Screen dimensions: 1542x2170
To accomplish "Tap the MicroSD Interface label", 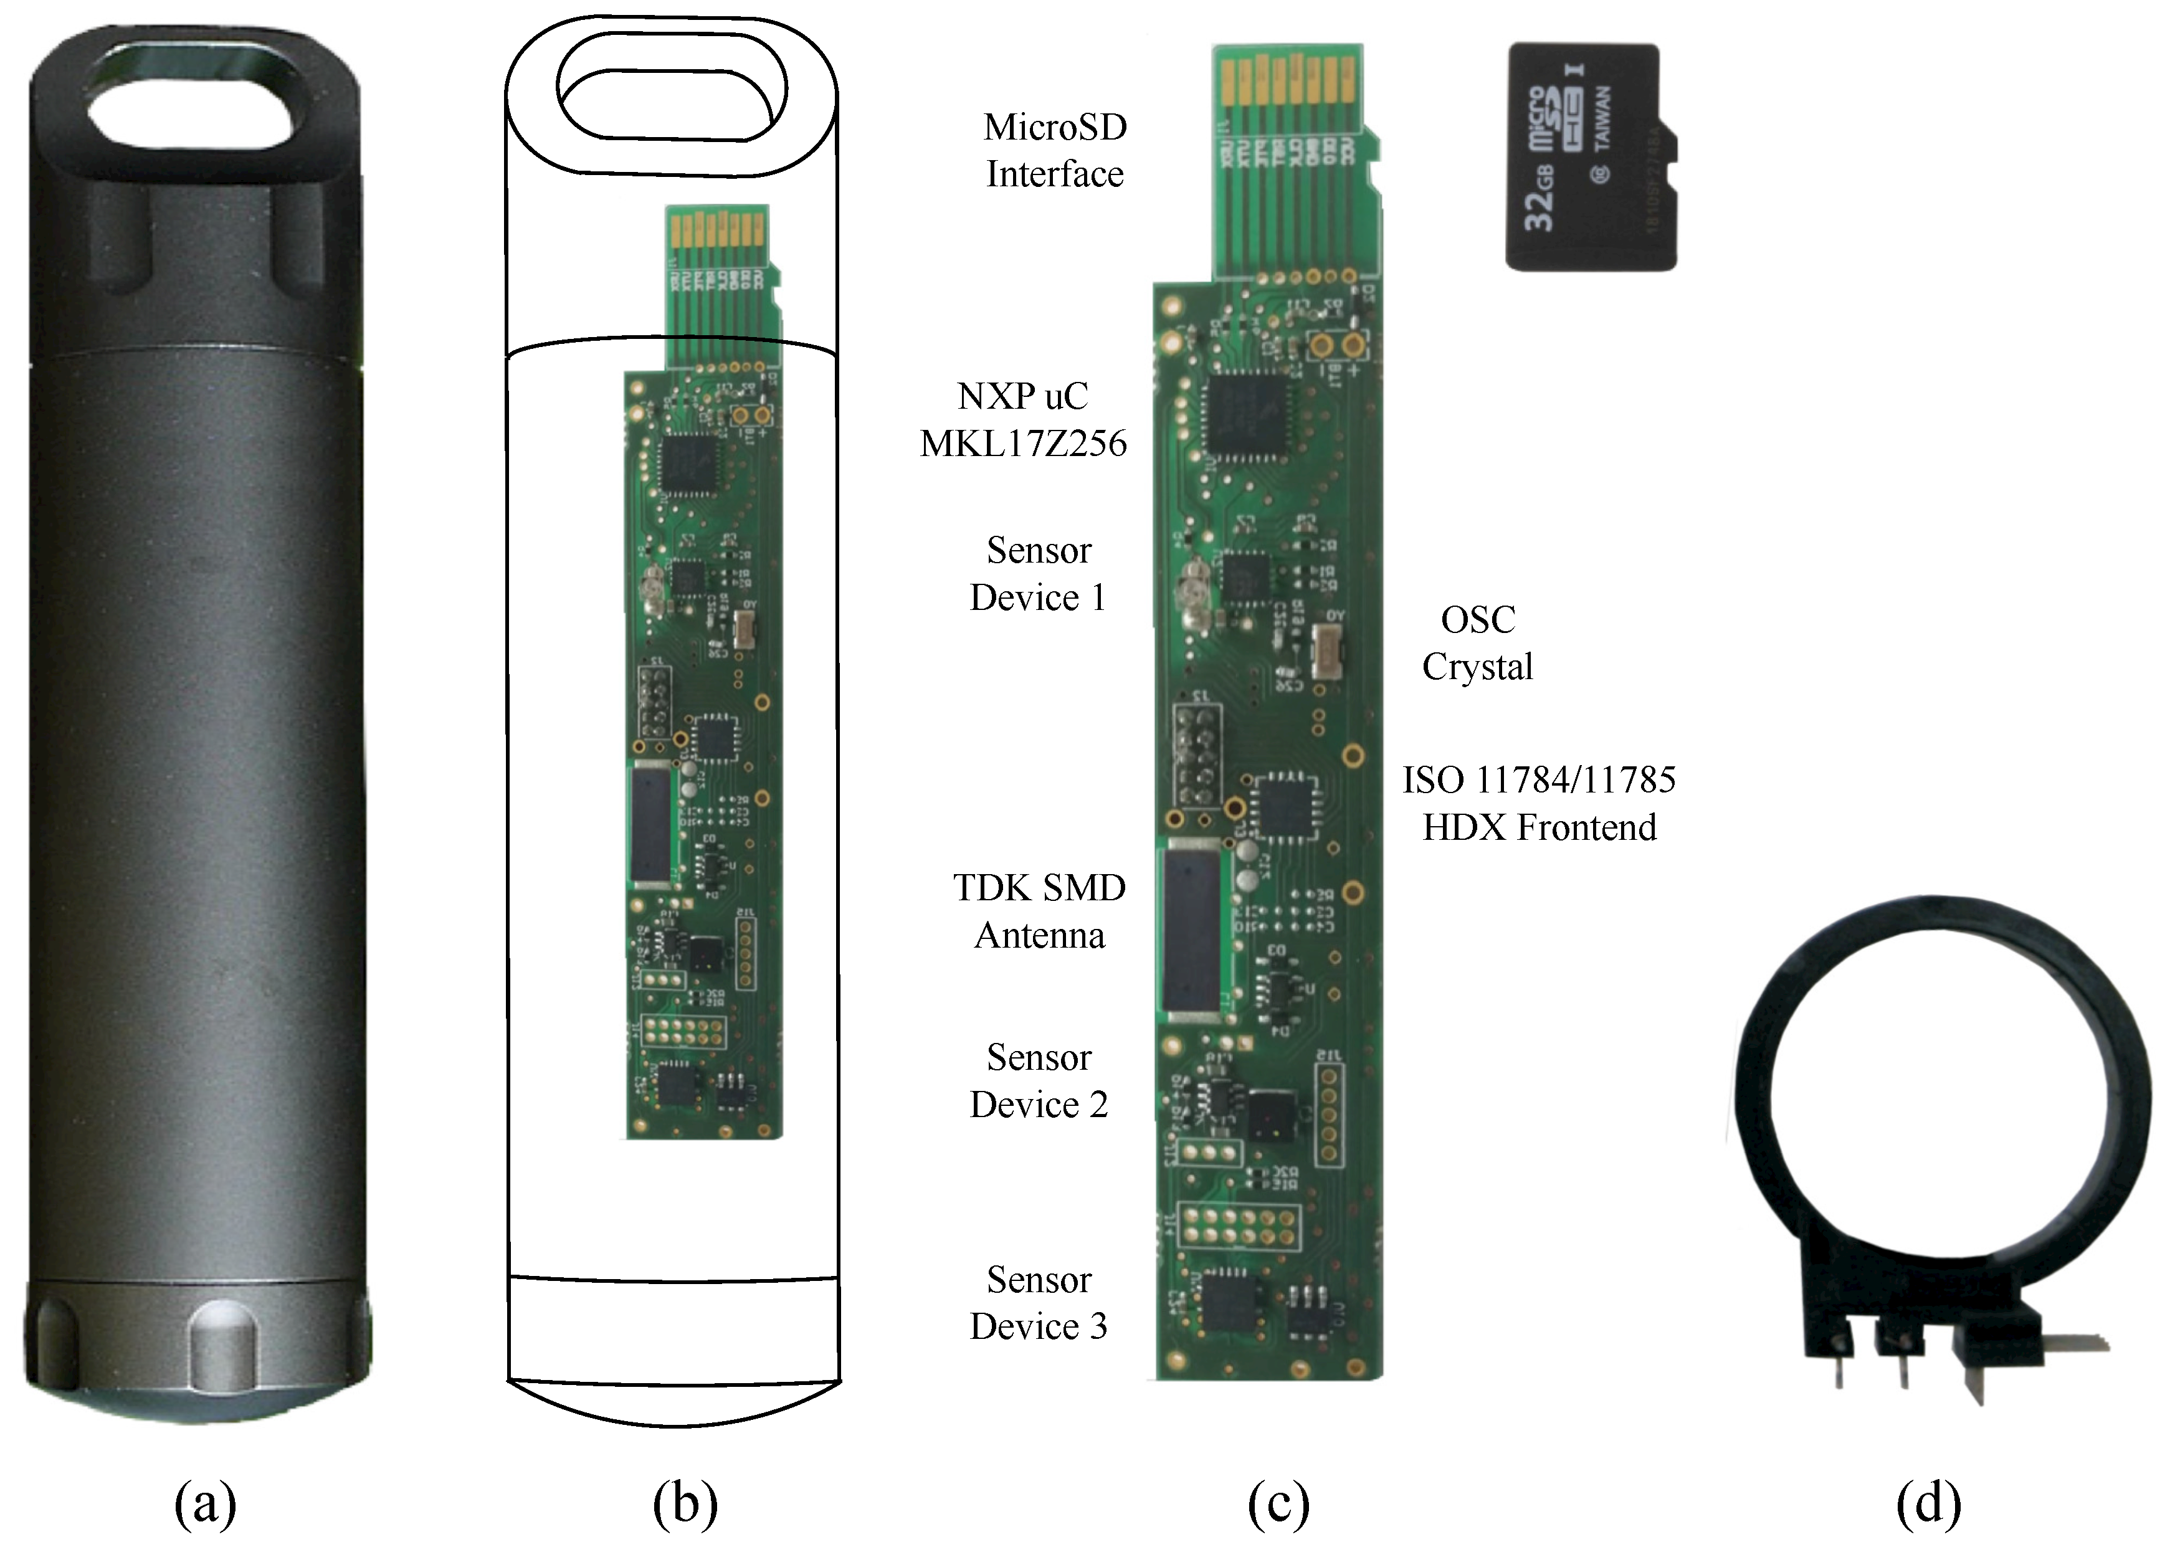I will point(1055,150).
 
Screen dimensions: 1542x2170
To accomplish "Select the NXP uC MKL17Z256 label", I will point(1023,420).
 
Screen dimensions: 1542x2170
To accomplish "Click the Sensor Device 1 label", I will point(1039,574).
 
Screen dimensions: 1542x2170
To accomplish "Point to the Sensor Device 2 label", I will point(1039,1080).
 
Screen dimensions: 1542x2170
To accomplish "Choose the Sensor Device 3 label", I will point(1039,1303).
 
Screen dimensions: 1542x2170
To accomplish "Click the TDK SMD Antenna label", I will point(1039,911).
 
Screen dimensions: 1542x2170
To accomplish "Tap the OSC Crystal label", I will point(1477,643).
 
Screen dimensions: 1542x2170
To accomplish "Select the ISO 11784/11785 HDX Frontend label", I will point(1539,803).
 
